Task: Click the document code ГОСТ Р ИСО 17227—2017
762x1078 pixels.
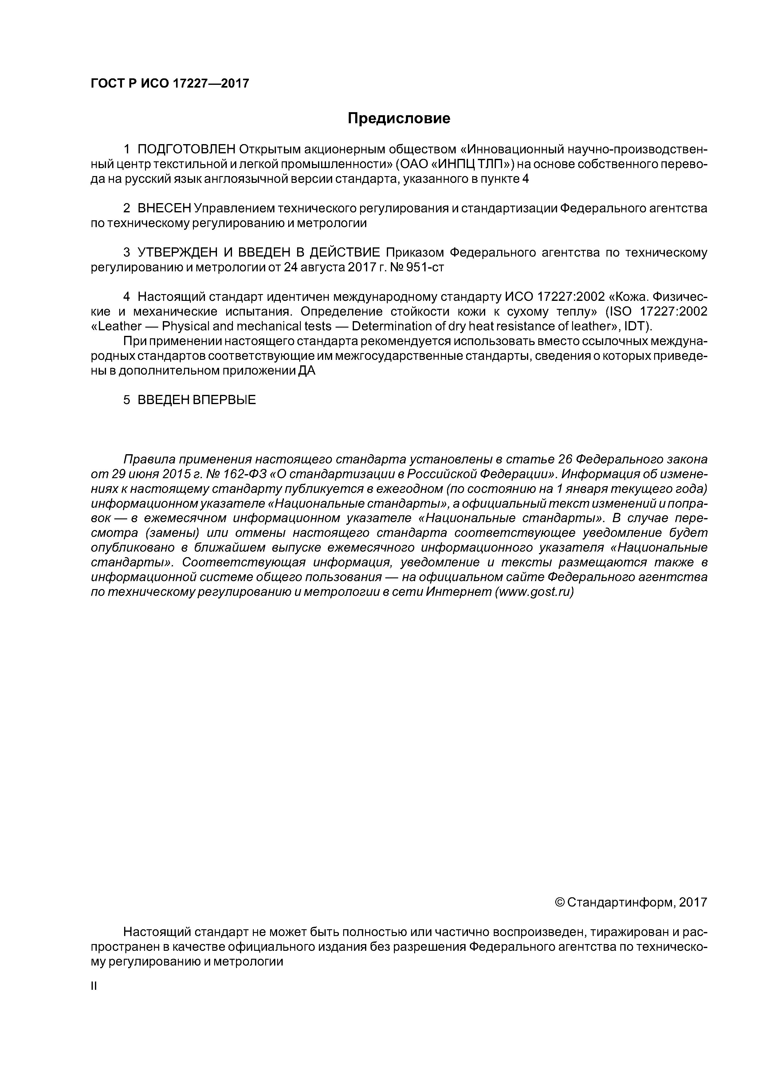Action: pyautogui.click(x=170, y=84)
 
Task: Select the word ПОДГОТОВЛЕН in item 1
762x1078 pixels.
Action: pyautogui.click(x=187, y=149)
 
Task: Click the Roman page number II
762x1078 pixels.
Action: pyautogui.click(x=93, y=986)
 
